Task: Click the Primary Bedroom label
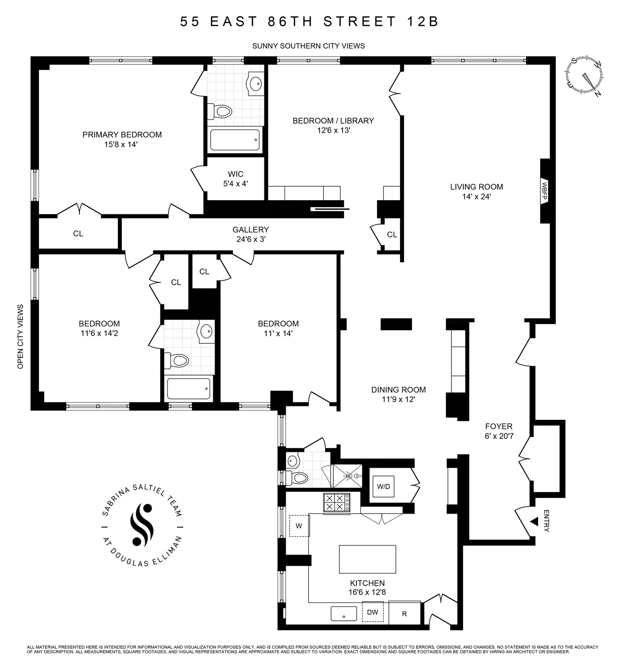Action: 122,135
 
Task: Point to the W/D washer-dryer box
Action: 383,486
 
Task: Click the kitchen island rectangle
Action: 367,559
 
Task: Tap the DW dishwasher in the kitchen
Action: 372,612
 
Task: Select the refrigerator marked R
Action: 404,614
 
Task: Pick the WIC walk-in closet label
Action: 236,174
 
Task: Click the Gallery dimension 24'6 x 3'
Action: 251,239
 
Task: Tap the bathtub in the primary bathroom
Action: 235,140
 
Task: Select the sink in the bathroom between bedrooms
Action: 206,331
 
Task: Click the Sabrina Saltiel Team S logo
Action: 142,524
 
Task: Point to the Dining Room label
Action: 398,390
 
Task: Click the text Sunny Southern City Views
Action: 308,46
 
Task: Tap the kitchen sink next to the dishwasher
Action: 343,614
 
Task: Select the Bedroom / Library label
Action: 333,121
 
